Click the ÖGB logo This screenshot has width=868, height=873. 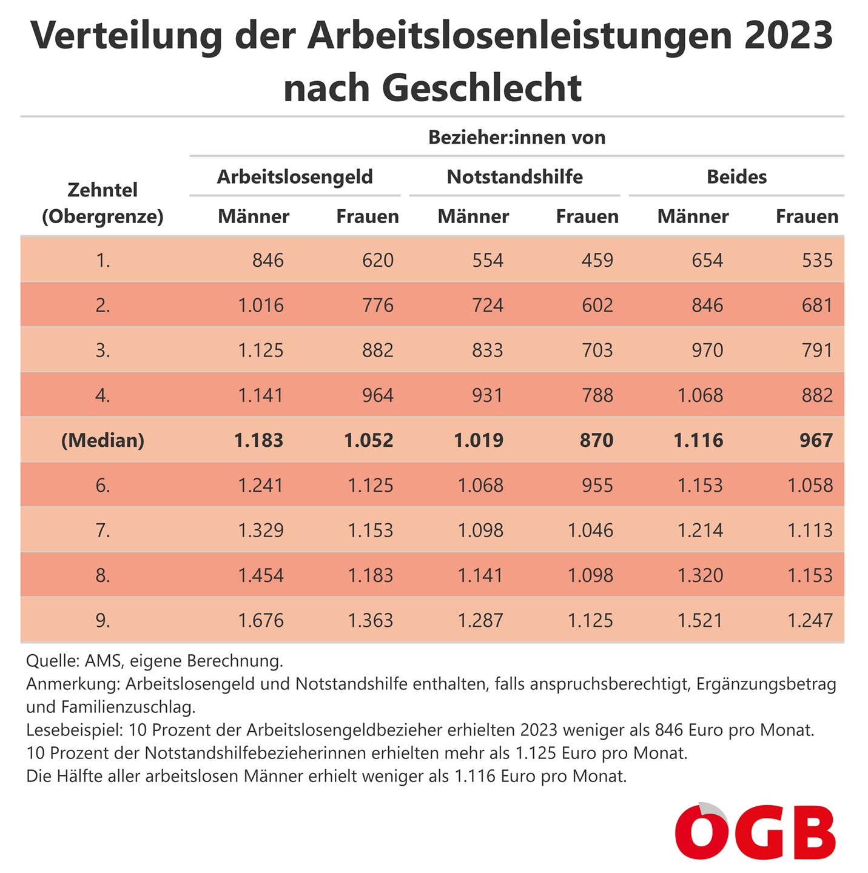[755, 832]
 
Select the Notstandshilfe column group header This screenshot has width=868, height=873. [514, 177]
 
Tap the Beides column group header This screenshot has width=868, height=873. [736, 177]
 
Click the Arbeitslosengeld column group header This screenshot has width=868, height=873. [295, 177]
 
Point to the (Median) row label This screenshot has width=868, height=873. [103, 440]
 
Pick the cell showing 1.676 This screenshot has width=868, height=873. [261, 620]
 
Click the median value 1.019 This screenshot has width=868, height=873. [479, 440]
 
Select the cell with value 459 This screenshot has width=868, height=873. [597, 260]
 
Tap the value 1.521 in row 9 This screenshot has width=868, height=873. [700, 620]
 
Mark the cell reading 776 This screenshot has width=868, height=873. [377, 305]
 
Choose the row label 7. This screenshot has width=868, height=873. [103, 530]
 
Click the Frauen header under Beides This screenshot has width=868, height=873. [807, 216]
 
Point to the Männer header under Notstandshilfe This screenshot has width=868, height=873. [473, 216]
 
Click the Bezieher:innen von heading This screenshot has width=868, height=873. [517, 138]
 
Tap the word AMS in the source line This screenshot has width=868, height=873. [102, 660]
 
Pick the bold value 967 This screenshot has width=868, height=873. [816, 440]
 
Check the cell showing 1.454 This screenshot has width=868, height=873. [261, 575]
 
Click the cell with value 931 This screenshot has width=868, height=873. [487, 395]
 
